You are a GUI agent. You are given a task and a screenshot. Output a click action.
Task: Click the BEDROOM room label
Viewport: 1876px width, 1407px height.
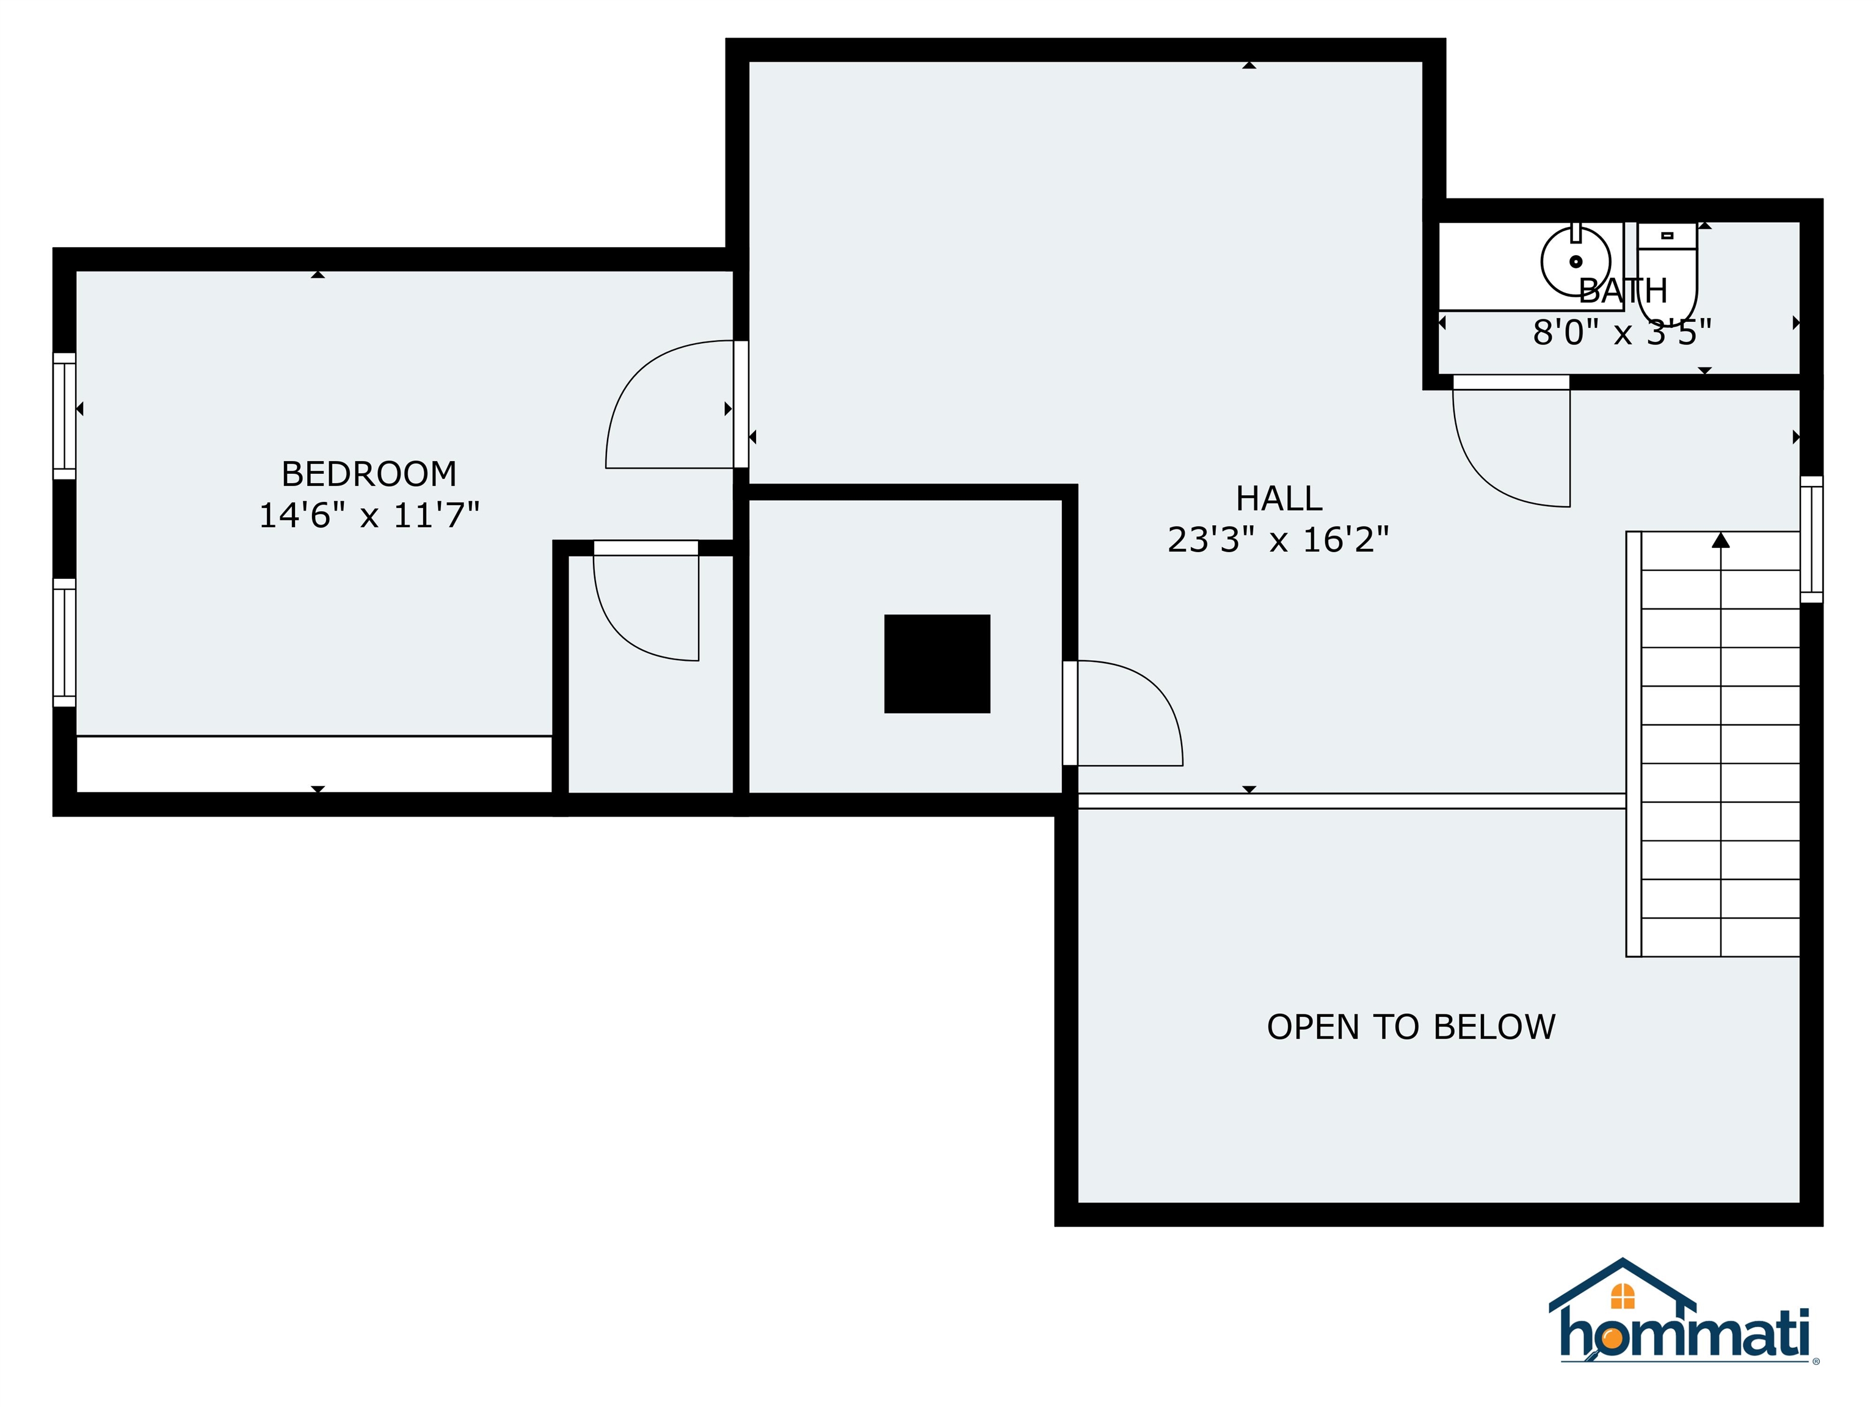click(369, 474)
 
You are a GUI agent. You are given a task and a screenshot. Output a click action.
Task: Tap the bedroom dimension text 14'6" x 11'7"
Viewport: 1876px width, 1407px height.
click(369, 515)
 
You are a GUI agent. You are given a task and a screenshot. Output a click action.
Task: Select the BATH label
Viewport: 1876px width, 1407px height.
click(1623, 291)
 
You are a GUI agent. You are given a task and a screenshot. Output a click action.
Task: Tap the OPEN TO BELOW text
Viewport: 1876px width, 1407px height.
click(1411, 1027)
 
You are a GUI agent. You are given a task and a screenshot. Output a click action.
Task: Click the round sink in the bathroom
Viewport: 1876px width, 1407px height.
click(1575, 261)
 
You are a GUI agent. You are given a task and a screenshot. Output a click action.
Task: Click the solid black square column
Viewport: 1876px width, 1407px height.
click(937, 664)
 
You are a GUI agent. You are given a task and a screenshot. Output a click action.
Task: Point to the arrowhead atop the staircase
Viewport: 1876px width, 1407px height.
click(1720, 540)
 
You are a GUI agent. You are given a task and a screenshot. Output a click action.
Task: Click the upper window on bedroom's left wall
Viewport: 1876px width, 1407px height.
click(65, 416)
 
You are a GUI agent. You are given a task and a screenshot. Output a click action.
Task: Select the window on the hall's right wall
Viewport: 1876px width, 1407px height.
click(1811, 539)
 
